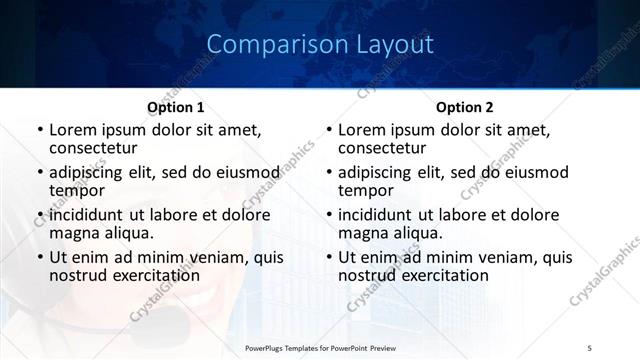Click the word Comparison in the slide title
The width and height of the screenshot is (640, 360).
[266, 45]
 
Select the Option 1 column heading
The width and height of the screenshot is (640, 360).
[176, 107]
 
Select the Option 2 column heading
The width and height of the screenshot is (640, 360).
[464, 107]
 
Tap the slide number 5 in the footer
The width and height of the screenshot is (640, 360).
[590, 346]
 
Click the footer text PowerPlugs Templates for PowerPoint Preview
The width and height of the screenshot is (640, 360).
[320, 346]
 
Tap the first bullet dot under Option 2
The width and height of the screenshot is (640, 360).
[328, 131]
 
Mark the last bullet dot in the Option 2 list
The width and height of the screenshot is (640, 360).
[328, 258]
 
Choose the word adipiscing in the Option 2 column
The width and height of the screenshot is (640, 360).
[378, 172]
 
